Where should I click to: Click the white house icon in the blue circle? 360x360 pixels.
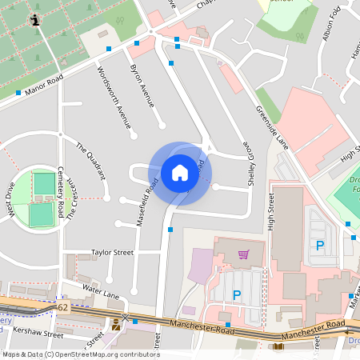click(x=179, y=172)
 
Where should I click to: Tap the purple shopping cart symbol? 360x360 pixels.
click(x=242, y=254)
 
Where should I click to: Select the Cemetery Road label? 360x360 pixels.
click(x=61, y=192)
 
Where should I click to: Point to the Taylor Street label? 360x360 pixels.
click(x=111, y=252)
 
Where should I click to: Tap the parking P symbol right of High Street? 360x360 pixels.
click(x=320, y=246)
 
